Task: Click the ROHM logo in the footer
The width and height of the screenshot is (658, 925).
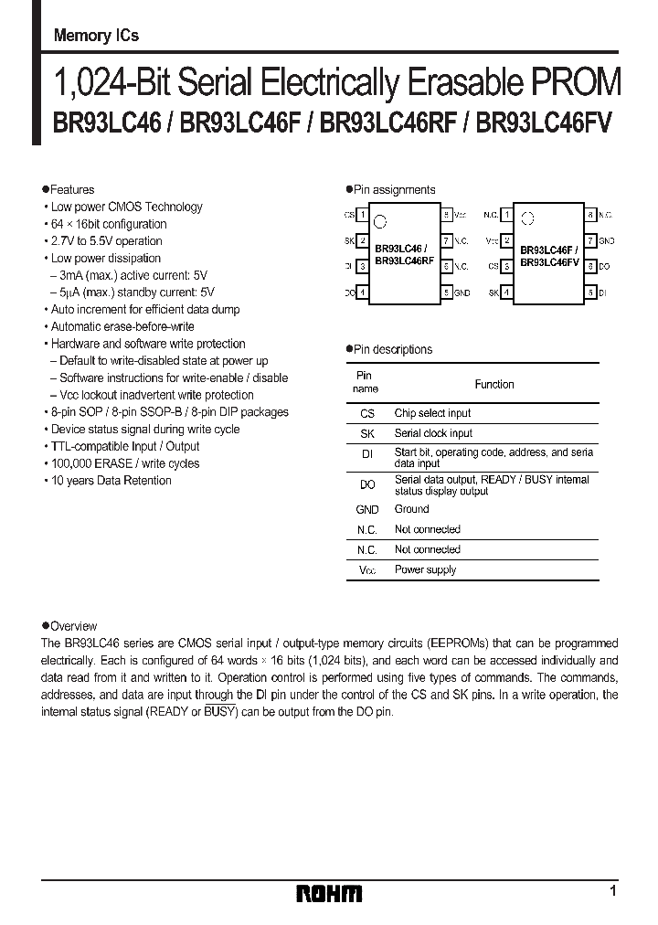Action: [330, 893]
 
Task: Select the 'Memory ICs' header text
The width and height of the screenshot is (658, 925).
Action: [96, 37]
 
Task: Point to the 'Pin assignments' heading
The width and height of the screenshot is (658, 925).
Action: [394, 190]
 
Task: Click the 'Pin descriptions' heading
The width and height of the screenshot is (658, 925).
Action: [393, 349]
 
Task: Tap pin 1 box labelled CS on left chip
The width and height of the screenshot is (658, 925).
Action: [363, 215]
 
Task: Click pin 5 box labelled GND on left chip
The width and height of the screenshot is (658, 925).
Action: [447, 292]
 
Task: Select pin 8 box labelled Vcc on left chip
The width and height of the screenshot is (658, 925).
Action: [447, 215]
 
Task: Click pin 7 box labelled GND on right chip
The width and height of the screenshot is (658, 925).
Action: [591, 240]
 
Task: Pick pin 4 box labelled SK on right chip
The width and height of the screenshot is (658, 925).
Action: [507, 292]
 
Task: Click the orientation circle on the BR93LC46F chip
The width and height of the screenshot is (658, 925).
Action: [525, 219]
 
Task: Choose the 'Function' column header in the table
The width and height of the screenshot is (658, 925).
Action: [494, 384]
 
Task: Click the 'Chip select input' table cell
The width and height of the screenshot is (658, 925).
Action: [432, 413]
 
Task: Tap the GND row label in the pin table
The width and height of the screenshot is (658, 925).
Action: [366, 509]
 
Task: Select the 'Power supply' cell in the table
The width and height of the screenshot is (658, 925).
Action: [425, 569]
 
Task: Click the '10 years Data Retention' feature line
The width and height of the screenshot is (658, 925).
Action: [111, 481]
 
